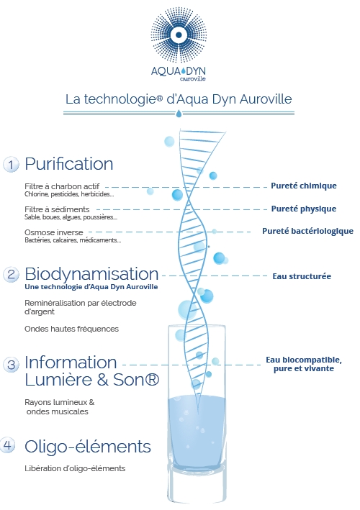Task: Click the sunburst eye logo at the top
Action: point(179,35)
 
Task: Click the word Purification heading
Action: point(69,163)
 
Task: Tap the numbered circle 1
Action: point(11,164)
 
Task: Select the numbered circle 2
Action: point(11,275)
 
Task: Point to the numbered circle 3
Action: point(11,364)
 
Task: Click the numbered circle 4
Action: point(8,445)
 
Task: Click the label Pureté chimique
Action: point(304,186)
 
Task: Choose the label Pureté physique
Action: point(304,209)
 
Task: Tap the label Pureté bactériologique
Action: point(307,231)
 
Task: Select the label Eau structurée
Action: point(302,276)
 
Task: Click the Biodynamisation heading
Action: point(91,274)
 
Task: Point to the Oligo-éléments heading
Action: point(88,446)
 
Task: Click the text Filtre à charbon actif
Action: point(62,186)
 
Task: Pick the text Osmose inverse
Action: point(54,232)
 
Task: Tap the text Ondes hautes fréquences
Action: point(71,329)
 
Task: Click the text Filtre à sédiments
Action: point(57,209)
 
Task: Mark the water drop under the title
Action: point(179,114)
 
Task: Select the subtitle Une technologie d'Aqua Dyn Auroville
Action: point(91,287)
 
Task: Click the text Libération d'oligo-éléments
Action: point(75,468)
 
